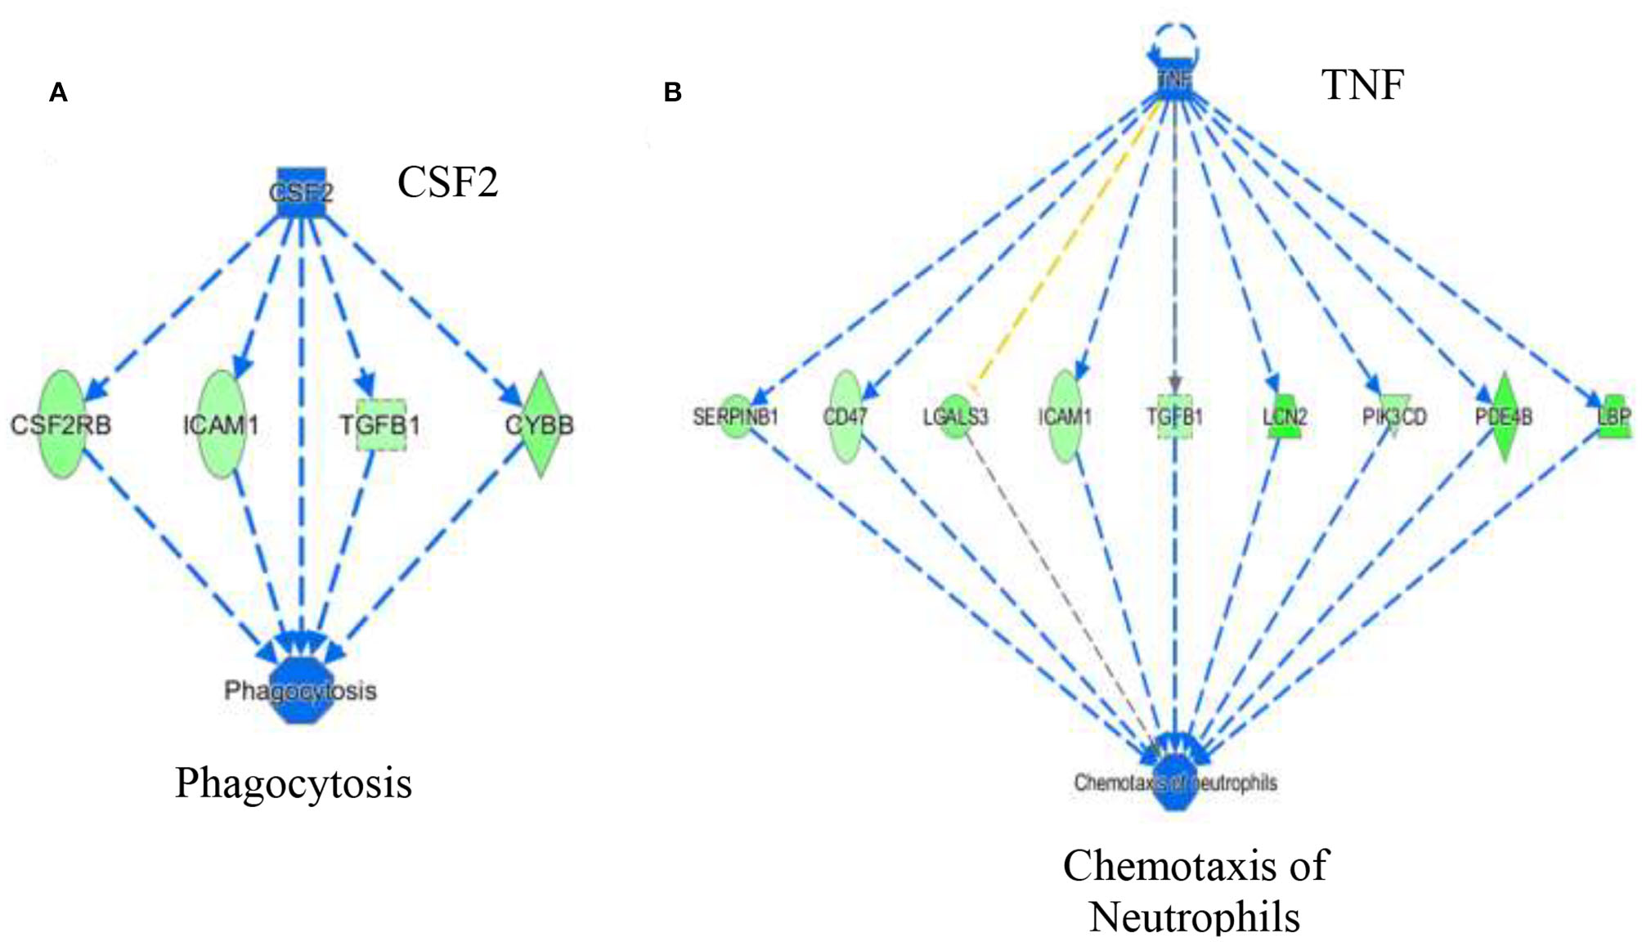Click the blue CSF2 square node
tap(301, 193)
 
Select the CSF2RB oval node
tap(62, 424)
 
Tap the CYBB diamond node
tap(540, 424)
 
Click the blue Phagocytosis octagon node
tap(301, 692)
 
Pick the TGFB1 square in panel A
tap(381, 425)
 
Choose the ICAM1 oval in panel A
tap(221, 424)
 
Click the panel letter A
tap(58, 92)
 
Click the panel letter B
tap(672, 92)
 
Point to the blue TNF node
tap(1175, 80)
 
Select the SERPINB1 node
tap(736, 417)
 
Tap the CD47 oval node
tap(846, 417)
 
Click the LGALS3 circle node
tap(955, 417)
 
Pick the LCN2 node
tap(1285, 417)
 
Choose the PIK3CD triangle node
tap(1394, 417)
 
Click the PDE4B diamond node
tap(1504, 417)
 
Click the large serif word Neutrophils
tap(1195, 916)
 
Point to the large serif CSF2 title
tap(447, 182)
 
